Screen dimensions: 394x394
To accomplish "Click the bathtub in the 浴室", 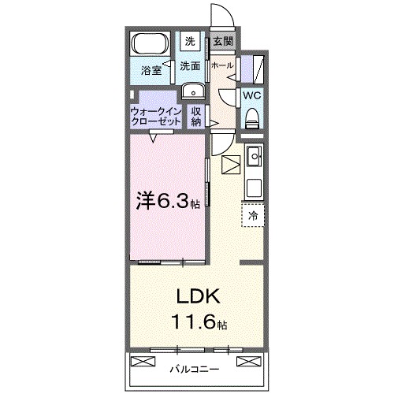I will [148, 43].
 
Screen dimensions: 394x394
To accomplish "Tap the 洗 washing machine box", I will [190, 42].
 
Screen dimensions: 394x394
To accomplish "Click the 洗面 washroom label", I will [190, 66].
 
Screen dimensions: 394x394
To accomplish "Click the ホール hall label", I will [221, 66].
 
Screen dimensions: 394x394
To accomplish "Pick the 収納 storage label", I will [196, 117].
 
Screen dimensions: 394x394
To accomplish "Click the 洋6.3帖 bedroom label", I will [169, 202].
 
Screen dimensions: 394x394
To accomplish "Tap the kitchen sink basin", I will [254, 160].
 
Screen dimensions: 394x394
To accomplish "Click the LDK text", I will [197, 299].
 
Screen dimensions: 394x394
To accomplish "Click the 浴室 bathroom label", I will [152, 71].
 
